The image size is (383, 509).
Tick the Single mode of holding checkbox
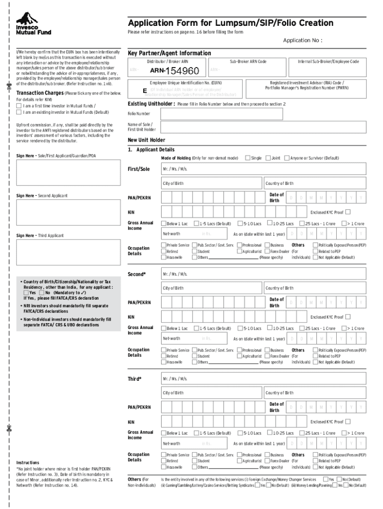pyautogui.click(x=248, y=158)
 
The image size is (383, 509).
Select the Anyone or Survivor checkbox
pyautogui.click(x=287, y=158)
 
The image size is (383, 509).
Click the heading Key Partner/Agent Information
pyautogui.click(x=169, y=53)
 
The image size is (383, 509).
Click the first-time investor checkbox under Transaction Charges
pyautogui.click(x=19, y=105)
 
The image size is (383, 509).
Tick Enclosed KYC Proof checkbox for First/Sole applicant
pyautogui.click(x=348, y=212)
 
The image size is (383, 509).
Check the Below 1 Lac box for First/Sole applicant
pyautogui.click(x=163, y=224)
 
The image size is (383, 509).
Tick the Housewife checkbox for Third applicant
pyautogui.click(x=163, y=467)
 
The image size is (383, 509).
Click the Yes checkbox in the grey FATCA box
pyautogui.click(x=26, y=293)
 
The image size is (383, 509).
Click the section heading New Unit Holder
pyautogui.click(x=146, y=140)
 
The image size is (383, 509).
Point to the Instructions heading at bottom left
pyautogui.click(x=28, y=462)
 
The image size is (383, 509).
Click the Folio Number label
pyautogui.click(x=139, y=114)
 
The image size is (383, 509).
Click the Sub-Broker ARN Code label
pyautogui.click(x=248, y=61)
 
